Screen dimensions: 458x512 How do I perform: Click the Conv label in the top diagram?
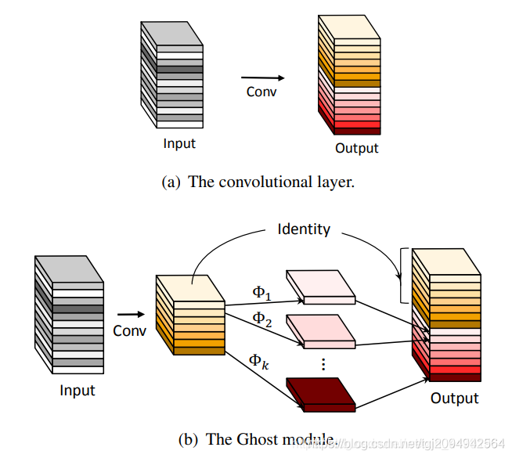click(x=261, y=92)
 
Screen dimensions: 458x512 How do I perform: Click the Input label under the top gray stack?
click(x=179, y=143)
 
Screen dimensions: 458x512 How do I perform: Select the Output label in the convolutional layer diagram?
click(x=356, y=149)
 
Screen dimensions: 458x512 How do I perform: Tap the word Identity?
click(x=304, y=229)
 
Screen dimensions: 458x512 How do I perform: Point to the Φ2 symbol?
click(x=261, y=319)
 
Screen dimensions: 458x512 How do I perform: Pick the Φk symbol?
click(x=259, y=361)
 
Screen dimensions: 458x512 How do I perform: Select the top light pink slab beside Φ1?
click(x=320, y=287)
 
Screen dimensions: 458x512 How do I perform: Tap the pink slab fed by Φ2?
click(x=320, y=331)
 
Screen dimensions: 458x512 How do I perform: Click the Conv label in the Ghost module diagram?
click(x=129, y=330)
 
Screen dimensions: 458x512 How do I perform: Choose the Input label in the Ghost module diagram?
click(x=77, y=391)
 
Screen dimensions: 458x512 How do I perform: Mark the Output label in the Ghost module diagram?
click(x=454, y=398)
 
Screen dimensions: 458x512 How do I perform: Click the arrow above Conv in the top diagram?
click(x=261, y=78)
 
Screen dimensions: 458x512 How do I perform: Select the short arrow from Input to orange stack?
click(x=130, y=316)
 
